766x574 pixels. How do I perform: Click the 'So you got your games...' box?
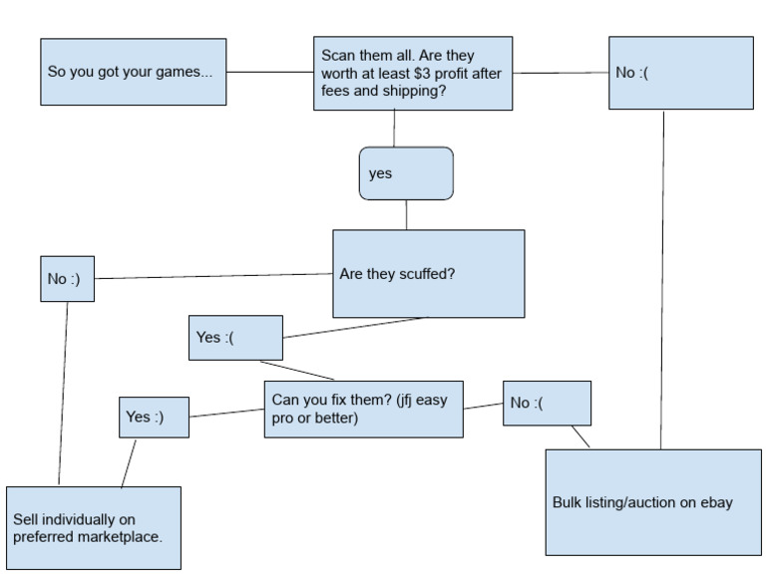click(x=133, y=72)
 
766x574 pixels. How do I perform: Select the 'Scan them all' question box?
click(x=413, y=73)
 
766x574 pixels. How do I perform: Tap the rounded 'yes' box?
click(x=406, y=173)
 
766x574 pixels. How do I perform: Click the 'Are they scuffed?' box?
click(x=428, y=274)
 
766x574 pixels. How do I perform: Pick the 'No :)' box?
click(x=67, y=279)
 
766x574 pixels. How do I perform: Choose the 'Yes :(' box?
click(x=235, y=337)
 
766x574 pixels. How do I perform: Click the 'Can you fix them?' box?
click(x=363, y=409)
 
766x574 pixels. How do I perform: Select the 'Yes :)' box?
click(x=155, y=417)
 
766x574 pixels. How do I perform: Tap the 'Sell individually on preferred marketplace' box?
click(x=94, y=527)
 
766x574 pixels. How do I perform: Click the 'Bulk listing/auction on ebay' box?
click(x=653, y=502)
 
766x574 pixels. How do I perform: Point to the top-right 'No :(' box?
click(x=681, y=73)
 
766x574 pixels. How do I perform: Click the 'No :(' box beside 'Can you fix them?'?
click(x=547, y=403)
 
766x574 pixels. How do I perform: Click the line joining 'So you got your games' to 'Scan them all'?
click(x=269, y=72)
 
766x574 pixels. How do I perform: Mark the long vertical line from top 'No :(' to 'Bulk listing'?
click(x=662, y=279)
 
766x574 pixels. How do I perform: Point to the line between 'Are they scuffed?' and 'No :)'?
click(x=213, y=276)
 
